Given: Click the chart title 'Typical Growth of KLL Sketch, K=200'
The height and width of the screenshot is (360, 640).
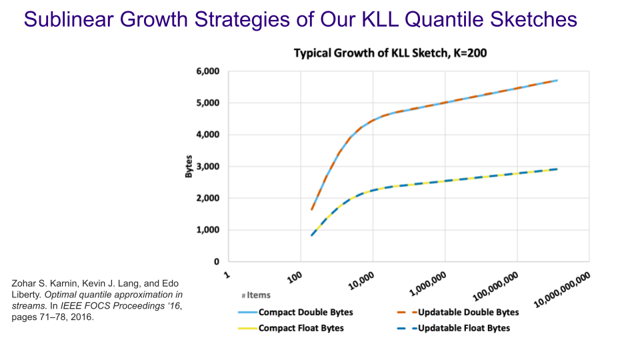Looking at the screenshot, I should point(391,53).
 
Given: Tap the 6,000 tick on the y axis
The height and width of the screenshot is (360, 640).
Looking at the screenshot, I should point(208,71).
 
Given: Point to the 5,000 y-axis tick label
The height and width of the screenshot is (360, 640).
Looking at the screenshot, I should point(208,103).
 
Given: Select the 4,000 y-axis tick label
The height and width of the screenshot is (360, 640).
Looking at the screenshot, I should point(208,135).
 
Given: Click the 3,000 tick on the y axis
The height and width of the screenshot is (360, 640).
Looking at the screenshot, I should point(208,167).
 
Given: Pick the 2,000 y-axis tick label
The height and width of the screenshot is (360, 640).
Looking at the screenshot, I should point(208,199).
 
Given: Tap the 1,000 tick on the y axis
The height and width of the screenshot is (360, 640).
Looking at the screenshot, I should point(208,230).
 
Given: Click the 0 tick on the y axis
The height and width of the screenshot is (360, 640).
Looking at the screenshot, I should point(217,262).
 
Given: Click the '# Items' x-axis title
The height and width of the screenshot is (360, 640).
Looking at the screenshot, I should point(252,295).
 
